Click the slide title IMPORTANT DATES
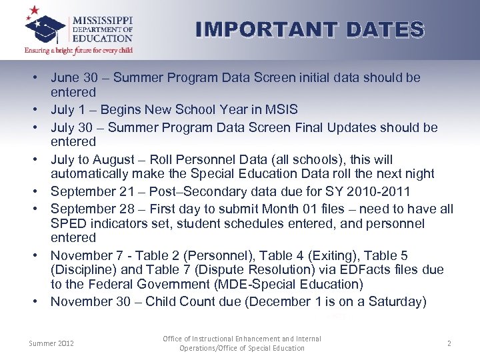pos(310,29)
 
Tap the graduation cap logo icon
pos(46,27)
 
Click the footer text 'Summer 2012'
pos(51,343)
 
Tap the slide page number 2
pos(449,343)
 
